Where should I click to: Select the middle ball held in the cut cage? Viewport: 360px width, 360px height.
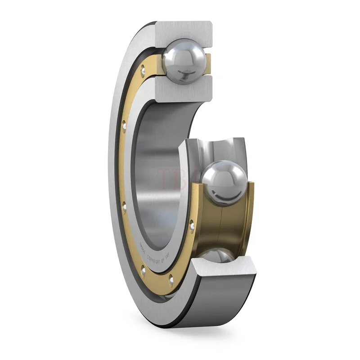pos(224,183)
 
